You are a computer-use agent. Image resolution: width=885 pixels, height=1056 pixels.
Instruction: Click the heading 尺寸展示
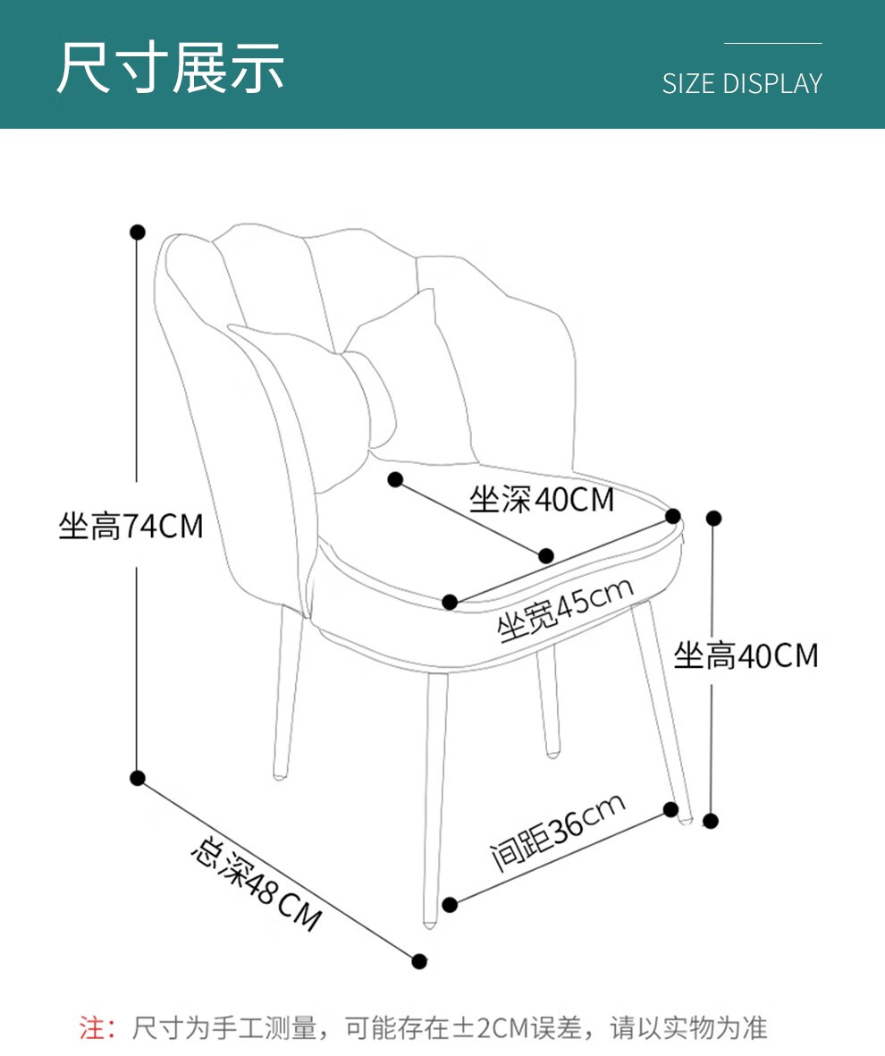170,67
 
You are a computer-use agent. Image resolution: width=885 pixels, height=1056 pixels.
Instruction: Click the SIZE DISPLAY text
742,83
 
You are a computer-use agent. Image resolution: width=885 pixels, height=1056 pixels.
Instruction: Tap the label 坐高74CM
131,527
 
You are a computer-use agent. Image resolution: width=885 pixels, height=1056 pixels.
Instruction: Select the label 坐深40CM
542,500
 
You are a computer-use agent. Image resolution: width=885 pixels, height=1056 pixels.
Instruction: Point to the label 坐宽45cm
566,610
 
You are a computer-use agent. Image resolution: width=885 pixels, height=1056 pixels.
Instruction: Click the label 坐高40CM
746,656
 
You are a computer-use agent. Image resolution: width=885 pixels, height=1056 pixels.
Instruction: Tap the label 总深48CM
257,883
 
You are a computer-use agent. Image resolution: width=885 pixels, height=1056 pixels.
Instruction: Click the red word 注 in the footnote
92,1028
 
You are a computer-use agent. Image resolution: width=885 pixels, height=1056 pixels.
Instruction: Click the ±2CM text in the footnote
486,1028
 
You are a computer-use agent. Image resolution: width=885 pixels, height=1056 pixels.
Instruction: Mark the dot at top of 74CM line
138,232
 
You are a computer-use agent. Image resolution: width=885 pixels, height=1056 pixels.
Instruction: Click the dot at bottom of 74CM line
138,778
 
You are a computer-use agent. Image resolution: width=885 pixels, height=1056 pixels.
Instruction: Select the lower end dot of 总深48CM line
420,961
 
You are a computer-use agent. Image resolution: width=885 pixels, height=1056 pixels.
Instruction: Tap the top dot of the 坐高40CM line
712,518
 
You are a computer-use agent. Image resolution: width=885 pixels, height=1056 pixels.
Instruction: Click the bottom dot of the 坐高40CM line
712,821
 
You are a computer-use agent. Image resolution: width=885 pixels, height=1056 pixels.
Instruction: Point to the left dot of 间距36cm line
450,905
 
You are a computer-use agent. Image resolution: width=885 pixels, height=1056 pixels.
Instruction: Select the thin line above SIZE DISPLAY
772,43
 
